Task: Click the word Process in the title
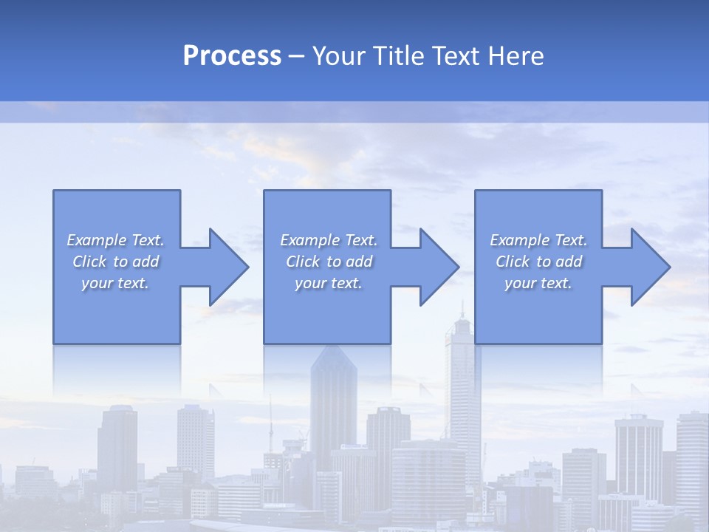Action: (x=232, y=56)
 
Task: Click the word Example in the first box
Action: (x=97, y=240)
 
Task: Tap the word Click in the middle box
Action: (x=303, y=262)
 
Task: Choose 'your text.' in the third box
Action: (x=538, y=283)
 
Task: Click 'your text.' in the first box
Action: (x=114, y=283)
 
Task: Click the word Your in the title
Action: (x=338, y=56)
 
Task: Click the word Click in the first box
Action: (x=89, y=262)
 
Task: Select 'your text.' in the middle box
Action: (x=328, y=283)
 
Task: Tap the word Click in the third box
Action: (x=513, y=262)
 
